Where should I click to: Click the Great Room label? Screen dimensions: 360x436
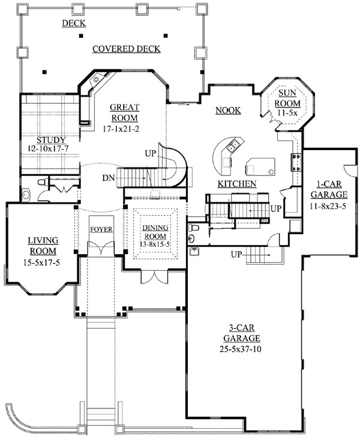point(124,112)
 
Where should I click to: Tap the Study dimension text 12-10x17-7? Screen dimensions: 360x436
point(48,148)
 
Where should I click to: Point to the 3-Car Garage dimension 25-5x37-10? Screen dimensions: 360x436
point(241,349)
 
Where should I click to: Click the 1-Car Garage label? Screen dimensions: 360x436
point(329,189)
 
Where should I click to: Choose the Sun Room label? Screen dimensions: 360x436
point(287,98)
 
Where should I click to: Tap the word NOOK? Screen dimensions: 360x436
point(228,111)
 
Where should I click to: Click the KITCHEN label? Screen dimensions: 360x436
point(237,184)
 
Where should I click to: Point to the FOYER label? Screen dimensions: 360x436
point(101,229)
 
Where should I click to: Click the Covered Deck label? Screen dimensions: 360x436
point(127,49)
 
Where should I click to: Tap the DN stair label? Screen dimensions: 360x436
point(109,178)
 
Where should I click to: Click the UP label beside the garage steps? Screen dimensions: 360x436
point(236,254)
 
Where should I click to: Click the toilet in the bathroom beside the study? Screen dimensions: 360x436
point(43,183)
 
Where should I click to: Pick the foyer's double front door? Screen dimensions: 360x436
point(101,248)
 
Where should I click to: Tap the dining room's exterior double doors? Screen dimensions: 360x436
point(154,276)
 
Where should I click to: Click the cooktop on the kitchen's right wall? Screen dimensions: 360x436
point(296,163)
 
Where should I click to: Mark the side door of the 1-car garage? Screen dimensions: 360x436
point(351,170)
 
